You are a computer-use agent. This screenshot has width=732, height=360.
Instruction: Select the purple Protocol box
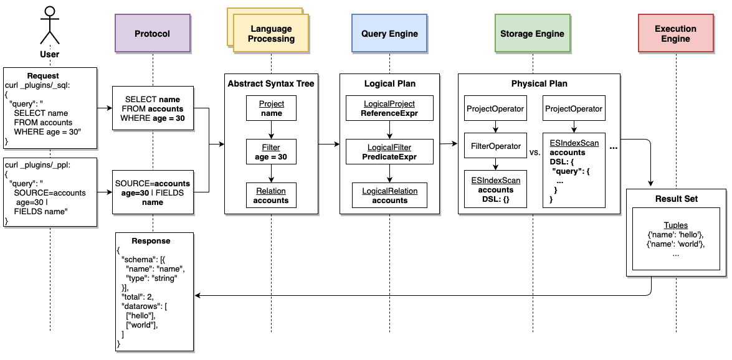click(x=152, y=34)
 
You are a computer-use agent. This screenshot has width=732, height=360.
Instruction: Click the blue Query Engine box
click(x=389, y=34)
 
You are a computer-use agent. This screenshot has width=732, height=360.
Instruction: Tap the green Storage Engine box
click(x=532, y=34)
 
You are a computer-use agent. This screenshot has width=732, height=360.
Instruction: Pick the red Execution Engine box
click(x=676, y=34)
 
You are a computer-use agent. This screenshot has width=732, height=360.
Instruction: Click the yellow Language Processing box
click(x=272, y=34)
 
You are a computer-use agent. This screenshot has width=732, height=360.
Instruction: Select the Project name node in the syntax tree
click(x=271, y=108)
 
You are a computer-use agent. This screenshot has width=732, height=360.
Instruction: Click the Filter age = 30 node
click(x=271, y=152)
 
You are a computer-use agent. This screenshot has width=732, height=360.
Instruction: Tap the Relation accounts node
click(x=271, y=195)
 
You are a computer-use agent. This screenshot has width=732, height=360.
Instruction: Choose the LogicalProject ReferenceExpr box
click(x=389, y=108)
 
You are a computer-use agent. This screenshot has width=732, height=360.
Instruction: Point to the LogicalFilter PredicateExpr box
click(x=389, y=152)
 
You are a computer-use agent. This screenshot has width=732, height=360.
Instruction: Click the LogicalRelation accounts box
click(x=389, y=195)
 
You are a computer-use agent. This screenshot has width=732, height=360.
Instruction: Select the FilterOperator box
click(x=495, y=146)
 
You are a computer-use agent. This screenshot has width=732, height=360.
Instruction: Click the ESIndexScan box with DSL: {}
click(x=495, y=189)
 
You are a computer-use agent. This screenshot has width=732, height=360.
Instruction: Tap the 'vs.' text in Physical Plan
click(x=535, y=152)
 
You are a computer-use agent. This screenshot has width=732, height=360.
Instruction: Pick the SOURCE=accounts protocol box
click(x=153, y=193)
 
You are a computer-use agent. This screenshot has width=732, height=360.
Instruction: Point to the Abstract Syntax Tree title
click(x=271, y=83)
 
